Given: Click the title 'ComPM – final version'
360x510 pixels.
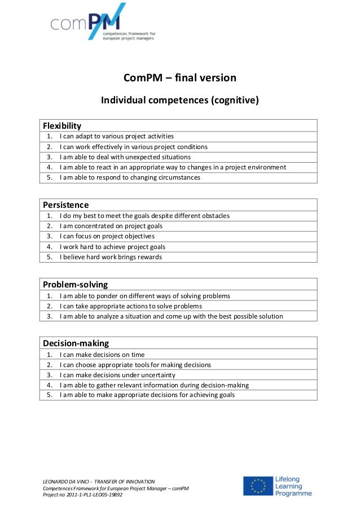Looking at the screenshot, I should pyautogui.click(x=179, y=78).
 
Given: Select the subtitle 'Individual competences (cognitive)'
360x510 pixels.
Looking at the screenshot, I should pyautogui.click(x=179, y=101).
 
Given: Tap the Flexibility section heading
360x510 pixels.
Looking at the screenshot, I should pyautogui.click(x=62, y=125).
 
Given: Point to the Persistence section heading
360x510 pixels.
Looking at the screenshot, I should pyautogui.click(x=66, y=204).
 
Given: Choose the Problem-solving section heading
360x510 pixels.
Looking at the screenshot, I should pyautogui.click(x=76, y=284).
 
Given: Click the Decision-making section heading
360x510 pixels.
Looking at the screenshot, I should pyautogui.click(x=76, y=343).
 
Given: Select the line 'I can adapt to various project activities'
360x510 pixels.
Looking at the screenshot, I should pyautogui.click(x=117, y=136).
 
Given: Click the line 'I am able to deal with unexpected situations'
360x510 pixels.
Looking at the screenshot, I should pyautogui.click(x=125, y=157).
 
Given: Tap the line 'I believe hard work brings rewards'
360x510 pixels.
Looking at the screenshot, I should pyautogui.click(x=111, y=257).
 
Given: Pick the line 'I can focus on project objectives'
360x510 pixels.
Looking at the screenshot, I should pyautogui.click(x=107, y=236).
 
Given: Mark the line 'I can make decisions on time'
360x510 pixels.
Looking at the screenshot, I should pyautogui.click(x=102, y=354).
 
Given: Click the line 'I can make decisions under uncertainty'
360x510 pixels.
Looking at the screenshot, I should pyautogui.click(x=117, y=374).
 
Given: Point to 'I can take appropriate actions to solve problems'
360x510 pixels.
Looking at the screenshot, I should pyautogui.click(x=130, y=306).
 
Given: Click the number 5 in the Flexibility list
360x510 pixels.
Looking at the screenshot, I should pyautogui.click(x=50, y=177).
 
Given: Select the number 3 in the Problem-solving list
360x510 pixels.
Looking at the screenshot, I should pyautogui.click(x=50, y=316).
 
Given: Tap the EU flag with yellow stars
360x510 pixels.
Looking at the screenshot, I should pyautogui.click(x=258, y=486).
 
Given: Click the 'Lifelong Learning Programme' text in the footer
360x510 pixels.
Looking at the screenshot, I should pyautogui.click(x=293, y=486).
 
